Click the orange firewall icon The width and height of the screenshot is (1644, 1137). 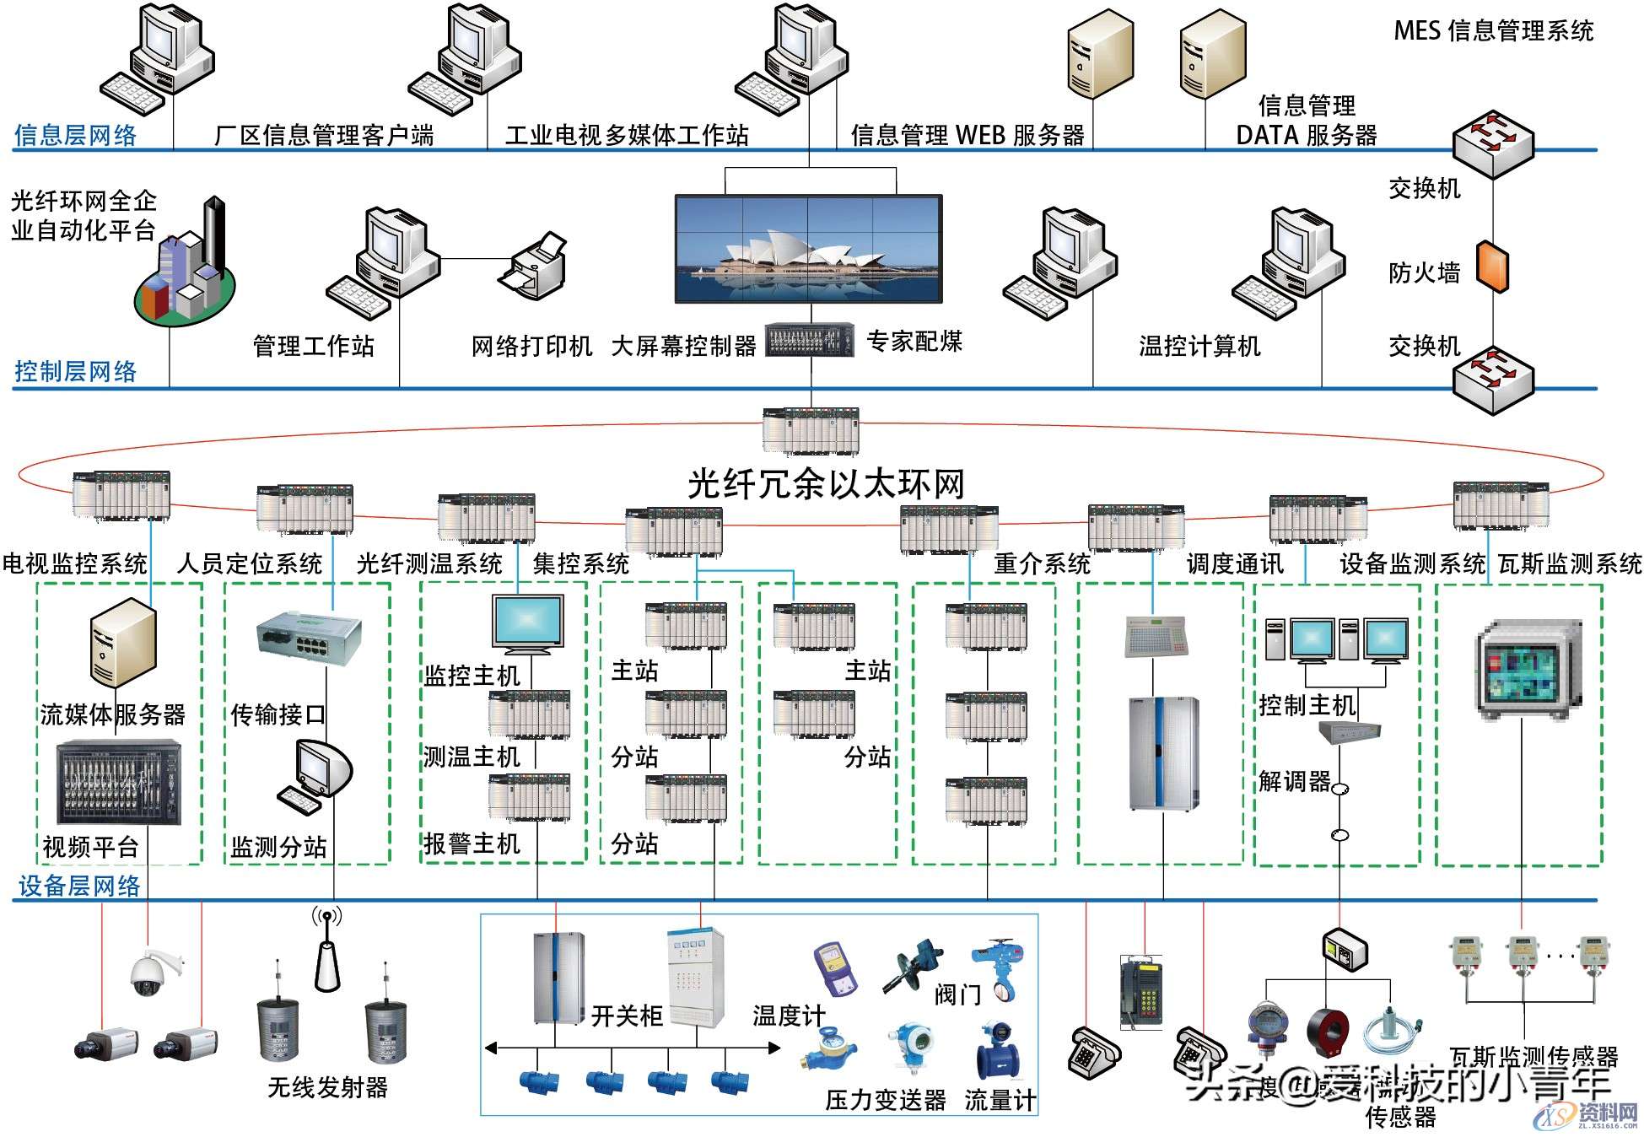pos(1492,267)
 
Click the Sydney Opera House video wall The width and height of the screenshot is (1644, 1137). pos(808,249)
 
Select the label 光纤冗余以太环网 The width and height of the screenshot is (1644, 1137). pos(826,484)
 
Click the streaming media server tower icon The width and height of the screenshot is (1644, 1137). pos(123,642)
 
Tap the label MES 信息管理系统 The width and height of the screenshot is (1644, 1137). pos(1493,31)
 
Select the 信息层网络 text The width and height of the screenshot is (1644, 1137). pos(76,135)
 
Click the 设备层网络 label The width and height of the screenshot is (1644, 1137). pos(79,886)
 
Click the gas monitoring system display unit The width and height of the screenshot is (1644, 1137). pos(1528,670)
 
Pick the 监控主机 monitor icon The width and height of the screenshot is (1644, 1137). pos(528,625)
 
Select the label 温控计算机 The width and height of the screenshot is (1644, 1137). pos(1199,346)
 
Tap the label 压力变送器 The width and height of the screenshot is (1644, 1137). pos(885,1100)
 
